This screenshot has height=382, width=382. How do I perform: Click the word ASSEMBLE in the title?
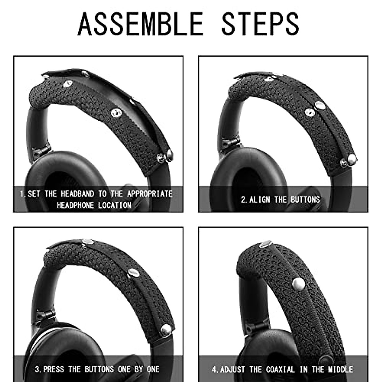pos(140,24)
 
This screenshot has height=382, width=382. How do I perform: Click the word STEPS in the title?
pos(260,24)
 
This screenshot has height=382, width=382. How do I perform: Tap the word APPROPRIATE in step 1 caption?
pos(150,194)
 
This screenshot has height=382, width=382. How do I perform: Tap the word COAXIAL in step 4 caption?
pos(280,369)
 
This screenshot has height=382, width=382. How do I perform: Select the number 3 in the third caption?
pos(38,369)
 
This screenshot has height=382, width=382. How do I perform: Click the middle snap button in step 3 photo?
pos(133,273)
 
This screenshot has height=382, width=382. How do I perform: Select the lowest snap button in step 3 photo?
pos(166,330)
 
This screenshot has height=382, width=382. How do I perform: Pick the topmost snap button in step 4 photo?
pos(265,244)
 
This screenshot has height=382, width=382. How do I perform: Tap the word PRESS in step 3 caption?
pos(53,369)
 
